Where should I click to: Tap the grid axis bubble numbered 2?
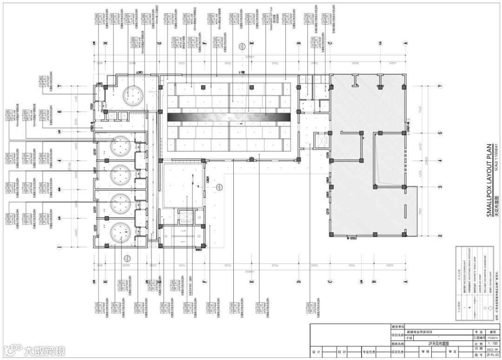click(439, 236)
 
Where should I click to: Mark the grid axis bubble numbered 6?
click(59, 112)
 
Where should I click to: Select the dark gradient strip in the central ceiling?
click(229, 117)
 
